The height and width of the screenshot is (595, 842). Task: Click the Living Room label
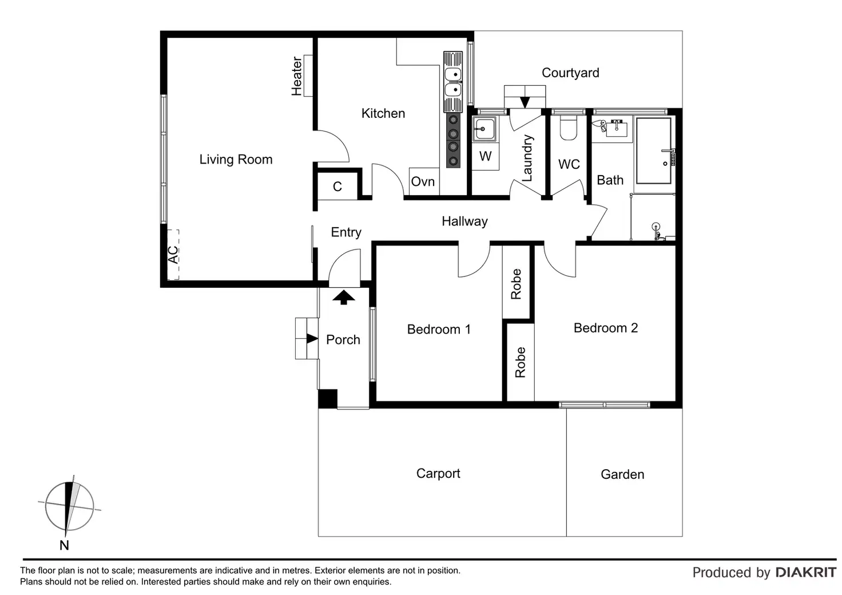(x=236, y=160)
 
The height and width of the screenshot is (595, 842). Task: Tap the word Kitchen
(x=383, y=113)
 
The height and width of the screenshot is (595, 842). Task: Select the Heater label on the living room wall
(x=297, y=76)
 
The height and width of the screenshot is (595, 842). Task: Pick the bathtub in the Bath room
(x=653, y=151)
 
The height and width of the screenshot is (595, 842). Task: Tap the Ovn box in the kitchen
(x=423, y=181)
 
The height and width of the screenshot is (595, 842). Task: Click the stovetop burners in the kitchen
(x=453, y=140)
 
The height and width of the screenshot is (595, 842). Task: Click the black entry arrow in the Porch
(x=344, y=297)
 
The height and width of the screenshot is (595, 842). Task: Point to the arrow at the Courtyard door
(x=525, y=102)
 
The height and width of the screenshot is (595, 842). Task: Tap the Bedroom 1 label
(x=439, y=330)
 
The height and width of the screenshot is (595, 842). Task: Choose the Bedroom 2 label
(x=605, y=328)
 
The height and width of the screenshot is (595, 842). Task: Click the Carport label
(x=438, y=473)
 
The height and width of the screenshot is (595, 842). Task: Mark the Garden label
(x=622, y=474)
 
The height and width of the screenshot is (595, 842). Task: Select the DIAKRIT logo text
(x=806, y=572)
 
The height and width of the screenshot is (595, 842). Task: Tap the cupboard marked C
(x=337, y=187)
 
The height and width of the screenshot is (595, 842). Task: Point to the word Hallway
(x=464, y=221)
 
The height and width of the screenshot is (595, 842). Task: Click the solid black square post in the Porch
(x=328, y=398)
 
